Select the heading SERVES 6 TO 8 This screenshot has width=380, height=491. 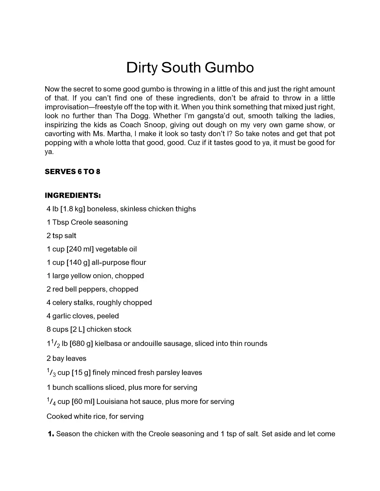coord(72,172)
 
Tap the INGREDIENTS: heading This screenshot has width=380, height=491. coord(73,195)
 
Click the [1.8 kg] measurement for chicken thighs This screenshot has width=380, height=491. coord(73,209)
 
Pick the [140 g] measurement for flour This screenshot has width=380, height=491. coord(78,263)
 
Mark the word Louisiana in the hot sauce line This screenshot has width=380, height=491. coord(112,401)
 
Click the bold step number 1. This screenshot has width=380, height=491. coord(51,434)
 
